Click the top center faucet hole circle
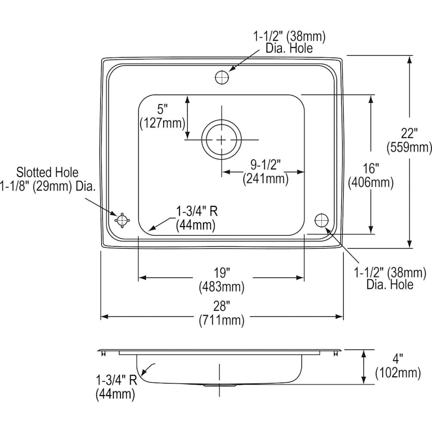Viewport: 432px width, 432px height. [221, 77]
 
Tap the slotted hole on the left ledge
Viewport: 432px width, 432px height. [122, 220]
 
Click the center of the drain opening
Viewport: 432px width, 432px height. [221, 140]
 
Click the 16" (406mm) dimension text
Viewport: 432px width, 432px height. [371, 175]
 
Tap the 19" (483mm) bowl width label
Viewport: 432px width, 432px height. [222, 280]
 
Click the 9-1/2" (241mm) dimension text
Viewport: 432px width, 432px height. [265, 172]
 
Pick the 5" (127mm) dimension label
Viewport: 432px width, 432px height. [162, 117]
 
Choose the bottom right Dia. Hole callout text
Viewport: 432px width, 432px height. [390, 279]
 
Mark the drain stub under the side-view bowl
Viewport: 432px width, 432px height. [219, 385]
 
